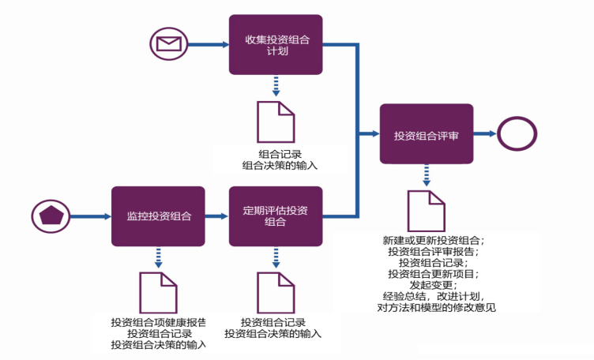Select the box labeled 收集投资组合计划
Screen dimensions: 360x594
(276, 45)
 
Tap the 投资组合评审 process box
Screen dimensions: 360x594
(427, 134)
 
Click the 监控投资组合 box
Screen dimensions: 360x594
(158, 216)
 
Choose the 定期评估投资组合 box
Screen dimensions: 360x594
(276, 216)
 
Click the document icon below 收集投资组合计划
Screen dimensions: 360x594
(276, 122)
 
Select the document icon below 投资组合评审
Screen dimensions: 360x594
(426, 211)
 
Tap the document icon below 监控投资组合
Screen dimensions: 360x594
(159, 292)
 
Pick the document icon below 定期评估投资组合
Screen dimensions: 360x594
(276, 292)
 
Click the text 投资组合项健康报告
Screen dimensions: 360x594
(159, 322)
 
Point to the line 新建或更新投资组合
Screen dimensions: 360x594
(433, 240)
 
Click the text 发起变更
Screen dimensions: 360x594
(433, 284)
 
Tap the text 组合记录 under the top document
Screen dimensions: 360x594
(280, 153)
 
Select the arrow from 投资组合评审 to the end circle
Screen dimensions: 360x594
(485, 135)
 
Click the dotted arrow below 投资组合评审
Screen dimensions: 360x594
(427, 174)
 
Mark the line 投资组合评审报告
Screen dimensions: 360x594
(433, 251)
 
